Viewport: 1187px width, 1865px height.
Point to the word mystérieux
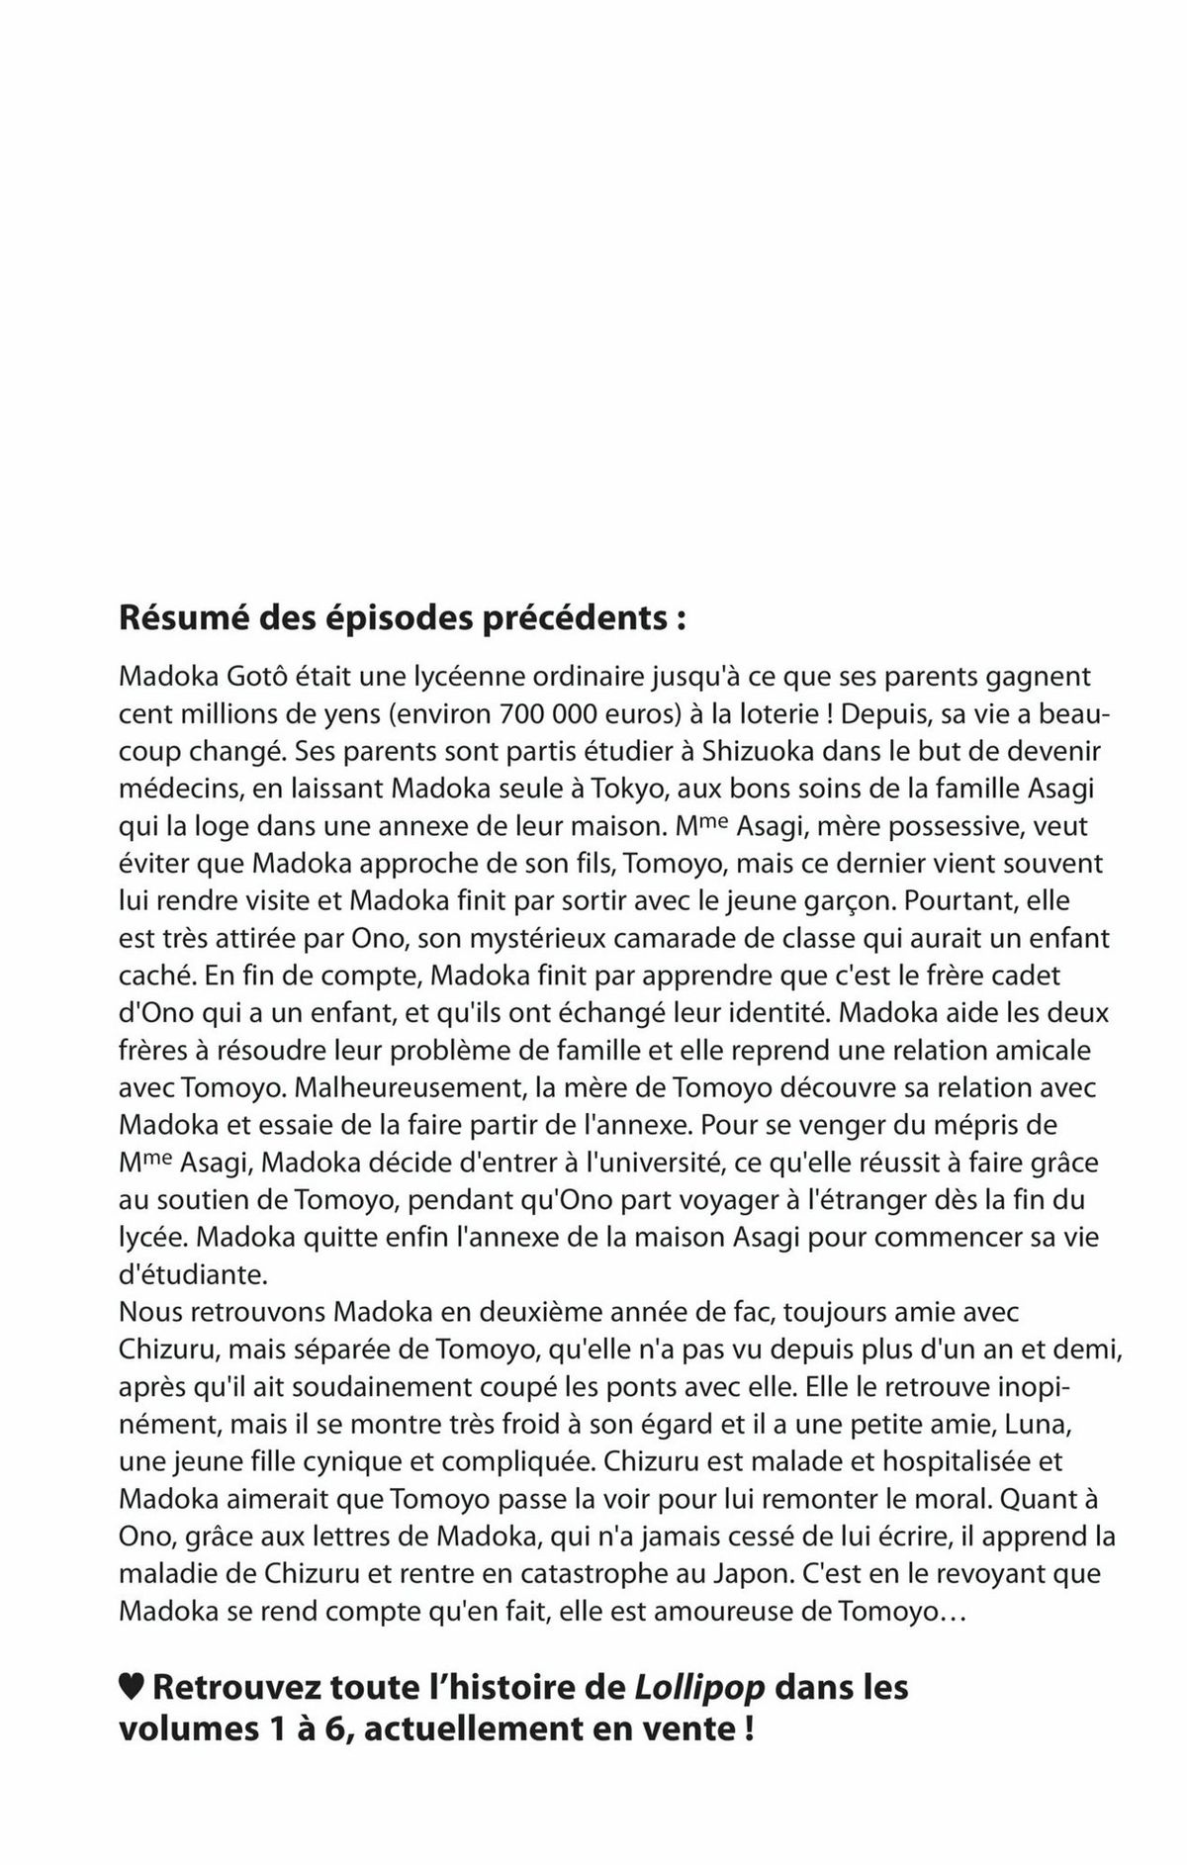[x=494, y=938]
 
